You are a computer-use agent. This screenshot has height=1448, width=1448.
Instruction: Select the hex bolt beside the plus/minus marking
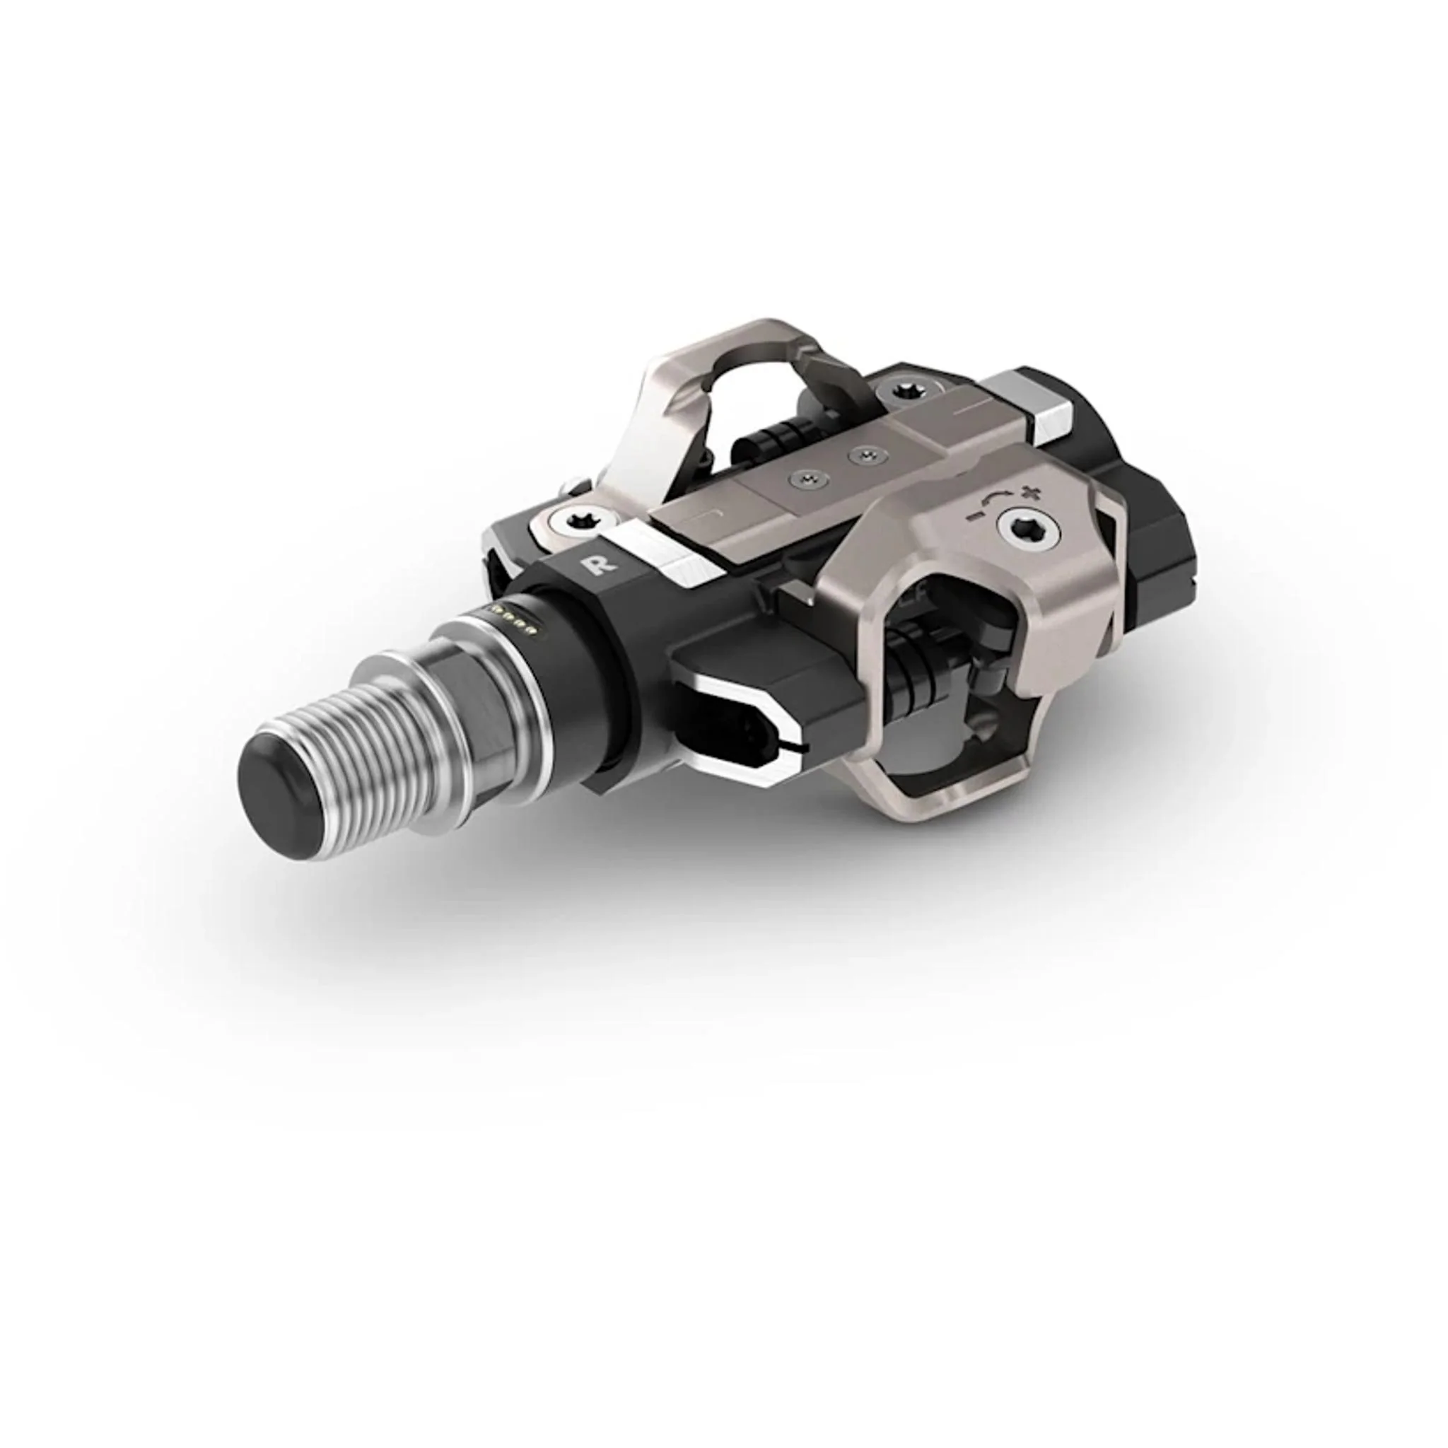pos(1032,530)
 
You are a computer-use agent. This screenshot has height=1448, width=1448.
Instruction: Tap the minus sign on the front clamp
pos(974,516)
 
